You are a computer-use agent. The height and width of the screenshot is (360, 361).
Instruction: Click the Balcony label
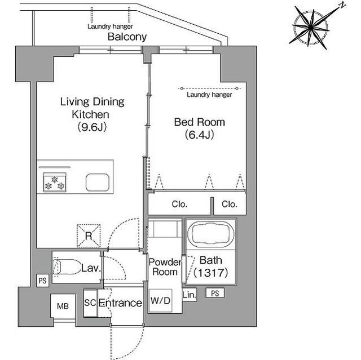127,37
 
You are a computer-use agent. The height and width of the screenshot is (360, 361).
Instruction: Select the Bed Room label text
199,122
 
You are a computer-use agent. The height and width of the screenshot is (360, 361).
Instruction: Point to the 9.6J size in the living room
92,127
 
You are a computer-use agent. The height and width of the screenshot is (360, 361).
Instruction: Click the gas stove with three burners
55,183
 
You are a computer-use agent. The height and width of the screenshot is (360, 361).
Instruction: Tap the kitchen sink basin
98,183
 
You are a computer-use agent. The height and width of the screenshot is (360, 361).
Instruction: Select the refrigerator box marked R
89,236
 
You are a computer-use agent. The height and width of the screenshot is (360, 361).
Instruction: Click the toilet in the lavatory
66,267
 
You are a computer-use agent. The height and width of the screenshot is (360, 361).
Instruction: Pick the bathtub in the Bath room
210,234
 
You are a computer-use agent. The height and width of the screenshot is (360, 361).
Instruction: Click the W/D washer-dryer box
160,300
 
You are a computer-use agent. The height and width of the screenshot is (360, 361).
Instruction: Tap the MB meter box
63,306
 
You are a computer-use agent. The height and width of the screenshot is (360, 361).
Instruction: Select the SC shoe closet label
90,303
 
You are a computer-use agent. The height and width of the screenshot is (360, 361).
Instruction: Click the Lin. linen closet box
190,295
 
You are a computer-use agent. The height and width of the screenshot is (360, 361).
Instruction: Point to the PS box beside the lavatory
43,281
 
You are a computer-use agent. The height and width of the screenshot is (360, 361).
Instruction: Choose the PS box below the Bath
215,293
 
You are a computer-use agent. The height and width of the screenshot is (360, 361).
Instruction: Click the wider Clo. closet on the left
179,204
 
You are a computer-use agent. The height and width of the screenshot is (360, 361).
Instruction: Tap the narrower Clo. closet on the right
230,204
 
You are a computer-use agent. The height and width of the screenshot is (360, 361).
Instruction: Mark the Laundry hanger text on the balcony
110,26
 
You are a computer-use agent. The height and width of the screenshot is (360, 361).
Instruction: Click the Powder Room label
165,267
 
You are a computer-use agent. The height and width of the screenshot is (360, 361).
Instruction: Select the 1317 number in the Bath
210,273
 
